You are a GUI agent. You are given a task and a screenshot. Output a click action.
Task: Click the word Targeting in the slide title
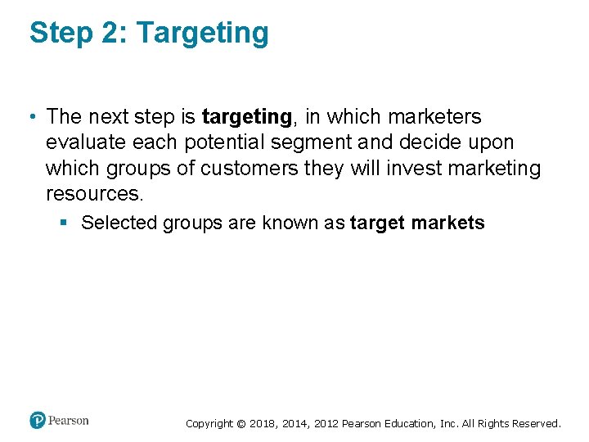pyautogui.click(x=202, y=34)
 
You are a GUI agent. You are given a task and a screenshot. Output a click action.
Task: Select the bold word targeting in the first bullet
pyautogui.click(x=246, y=118)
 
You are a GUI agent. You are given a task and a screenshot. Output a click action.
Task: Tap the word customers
pyautogui.click(x=250, y=168)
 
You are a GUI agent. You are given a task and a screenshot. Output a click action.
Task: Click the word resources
pyautogui.click(x=94, y=193)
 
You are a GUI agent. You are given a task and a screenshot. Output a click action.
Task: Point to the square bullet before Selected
pyautogui.click(x=62, y=223)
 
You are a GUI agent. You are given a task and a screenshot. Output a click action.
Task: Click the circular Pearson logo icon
pyautogui.click(x=38, y=421)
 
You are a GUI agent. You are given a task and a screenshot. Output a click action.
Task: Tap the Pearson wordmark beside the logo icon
pyautogui.click(x=69, y=421)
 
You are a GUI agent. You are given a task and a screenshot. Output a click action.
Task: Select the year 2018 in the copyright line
pyautogui.click(x=262, y=424)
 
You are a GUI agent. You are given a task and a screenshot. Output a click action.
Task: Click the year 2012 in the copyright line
pyautogui.click(x=321, y=424)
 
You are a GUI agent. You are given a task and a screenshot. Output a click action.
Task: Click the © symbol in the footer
pyautogui.click(x=241, y=424)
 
